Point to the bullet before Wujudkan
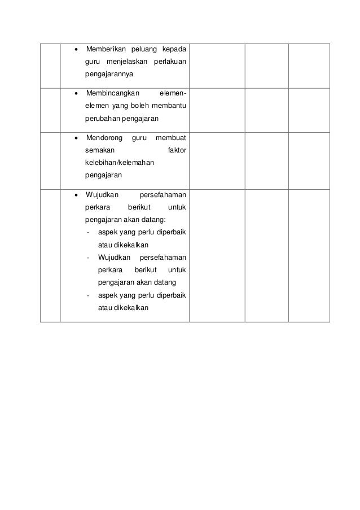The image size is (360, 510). coord(76,195)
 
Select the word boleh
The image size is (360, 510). coord(141,106)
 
